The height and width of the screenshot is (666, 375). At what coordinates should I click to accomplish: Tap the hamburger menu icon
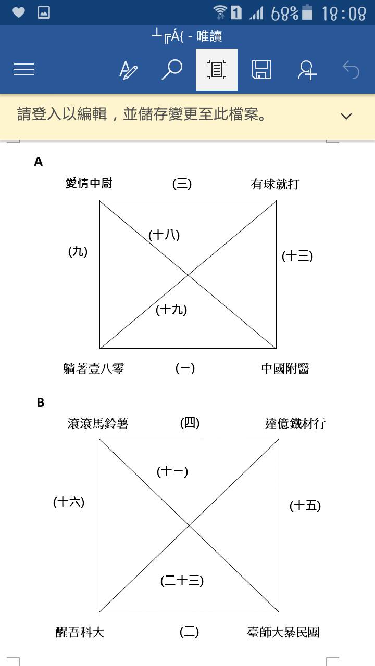24,69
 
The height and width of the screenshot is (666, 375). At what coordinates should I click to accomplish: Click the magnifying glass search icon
172,70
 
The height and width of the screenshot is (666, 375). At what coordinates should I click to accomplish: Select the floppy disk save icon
261,70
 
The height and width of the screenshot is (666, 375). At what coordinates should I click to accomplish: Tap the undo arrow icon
351,70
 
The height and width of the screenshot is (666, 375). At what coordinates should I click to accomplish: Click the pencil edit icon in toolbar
128,70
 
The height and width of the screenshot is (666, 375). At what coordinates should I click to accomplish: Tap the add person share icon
307,70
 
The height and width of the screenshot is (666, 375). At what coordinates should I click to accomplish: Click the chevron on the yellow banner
346,116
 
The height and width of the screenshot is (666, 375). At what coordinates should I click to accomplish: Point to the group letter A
39,162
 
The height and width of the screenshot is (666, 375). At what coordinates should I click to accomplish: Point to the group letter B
41,403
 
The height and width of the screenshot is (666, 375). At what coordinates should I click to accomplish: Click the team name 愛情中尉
89,183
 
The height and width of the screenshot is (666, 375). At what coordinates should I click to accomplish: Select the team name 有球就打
275,184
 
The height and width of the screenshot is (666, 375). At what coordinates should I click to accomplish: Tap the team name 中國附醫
285,369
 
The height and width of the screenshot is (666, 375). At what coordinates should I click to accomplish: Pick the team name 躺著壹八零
93,369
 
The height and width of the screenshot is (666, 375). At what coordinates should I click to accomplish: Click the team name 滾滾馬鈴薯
97,424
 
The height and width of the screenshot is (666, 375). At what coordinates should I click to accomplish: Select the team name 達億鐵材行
295,424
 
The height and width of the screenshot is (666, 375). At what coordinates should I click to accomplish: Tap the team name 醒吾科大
80,632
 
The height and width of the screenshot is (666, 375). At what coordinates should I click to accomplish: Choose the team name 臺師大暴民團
283,632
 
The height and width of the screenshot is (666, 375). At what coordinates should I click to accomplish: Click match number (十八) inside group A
164,235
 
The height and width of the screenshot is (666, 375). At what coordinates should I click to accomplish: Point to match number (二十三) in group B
182,581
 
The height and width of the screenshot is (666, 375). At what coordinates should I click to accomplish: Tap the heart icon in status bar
18,12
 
